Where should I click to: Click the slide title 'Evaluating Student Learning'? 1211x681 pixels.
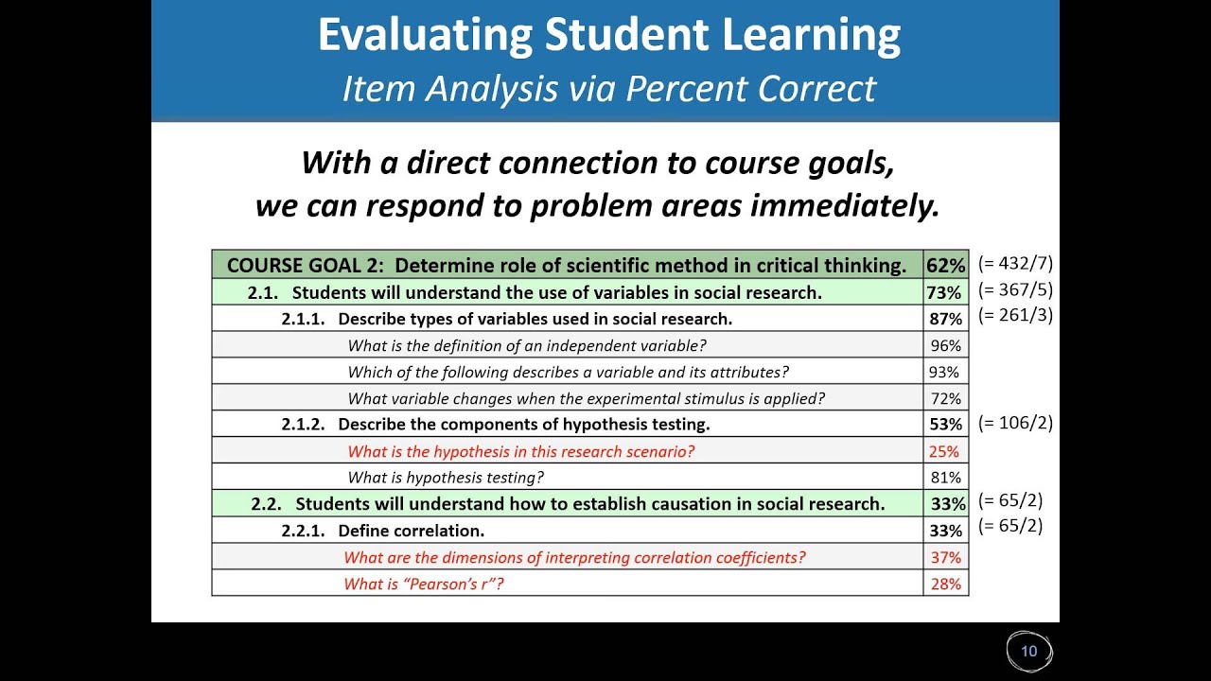(x=608, y=36)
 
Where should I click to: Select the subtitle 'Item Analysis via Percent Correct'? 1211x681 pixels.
(x=608, y=88)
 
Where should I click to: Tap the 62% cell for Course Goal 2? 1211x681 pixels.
(x=945, y=266)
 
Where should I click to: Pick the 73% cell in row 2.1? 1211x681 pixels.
(x=945, y=292)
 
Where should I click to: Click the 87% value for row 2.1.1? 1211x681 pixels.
(x=945, y=319)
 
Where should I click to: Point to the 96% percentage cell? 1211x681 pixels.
(x=945, y=345)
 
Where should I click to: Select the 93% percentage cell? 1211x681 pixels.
(x=945, y=372)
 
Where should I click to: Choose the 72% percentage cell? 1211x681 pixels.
(x=945, y=398)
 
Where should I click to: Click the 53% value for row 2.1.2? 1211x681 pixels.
(x=945, y=425)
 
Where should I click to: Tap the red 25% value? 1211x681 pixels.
(x=945, y=451)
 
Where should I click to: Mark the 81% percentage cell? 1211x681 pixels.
(x=945, y=478)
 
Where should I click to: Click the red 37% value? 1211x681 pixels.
(x=945, y=557)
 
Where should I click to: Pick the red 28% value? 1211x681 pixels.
(x=945, y=584)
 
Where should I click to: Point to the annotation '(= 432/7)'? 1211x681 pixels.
(x=1015, y=264)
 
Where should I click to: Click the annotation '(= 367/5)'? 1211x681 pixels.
(x=1015, y=289)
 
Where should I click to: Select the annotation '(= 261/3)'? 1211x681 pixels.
(x=1015, y=315)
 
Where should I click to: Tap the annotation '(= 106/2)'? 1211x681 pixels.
(x=1015, y=423)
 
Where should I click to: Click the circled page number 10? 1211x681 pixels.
(x=1028, y=651)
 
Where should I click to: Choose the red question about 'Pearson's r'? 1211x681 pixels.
(x=424, y=584)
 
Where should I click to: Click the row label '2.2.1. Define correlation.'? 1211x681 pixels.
(x=382, y=531)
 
